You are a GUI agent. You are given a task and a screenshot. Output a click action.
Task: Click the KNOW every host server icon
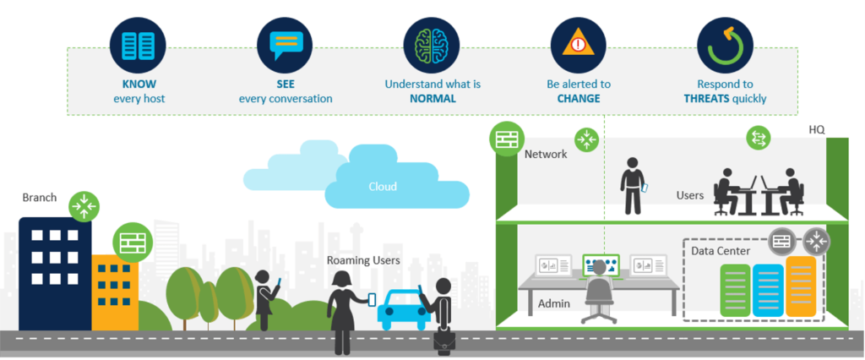(137, 46)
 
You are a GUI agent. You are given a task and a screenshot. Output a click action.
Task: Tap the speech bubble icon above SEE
(286, 46)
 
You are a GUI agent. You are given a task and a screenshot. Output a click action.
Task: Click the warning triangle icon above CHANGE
(578, 46)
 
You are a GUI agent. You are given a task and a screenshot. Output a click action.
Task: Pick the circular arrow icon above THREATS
(724, 46)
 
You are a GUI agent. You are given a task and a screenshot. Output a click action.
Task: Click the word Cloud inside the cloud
(384, 187)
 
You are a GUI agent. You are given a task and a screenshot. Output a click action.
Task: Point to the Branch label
(40, 198)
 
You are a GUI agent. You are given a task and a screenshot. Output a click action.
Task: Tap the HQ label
(816, 131)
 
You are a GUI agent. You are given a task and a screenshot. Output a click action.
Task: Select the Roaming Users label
(364, 260)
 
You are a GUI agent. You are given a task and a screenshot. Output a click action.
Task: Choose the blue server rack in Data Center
(768, 290)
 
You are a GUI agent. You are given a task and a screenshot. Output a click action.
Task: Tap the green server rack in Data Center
(735, 290)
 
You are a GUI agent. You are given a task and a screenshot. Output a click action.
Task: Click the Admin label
(554, 303)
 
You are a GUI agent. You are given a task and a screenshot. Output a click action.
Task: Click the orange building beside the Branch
(115, 291)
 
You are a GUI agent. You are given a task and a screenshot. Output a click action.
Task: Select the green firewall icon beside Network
(507, 139)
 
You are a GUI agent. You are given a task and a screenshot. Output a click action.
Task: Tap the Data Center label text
(722, 251)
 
